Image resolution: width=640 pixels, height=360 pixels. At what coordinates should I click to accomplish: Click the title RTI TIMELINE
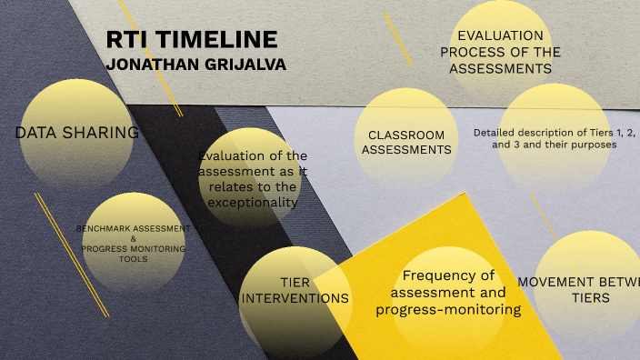(x=191, y=40)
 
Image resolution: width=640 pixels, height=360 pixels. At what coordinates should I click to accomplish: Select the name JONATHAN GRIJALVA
(x=195, y=65)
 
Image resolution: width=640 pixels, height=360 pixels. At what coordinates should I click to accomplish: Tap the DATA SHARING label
(x=77, y=133)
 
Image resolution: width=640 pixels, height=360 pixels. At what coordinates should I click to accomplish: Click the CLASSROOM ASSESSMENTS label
(x=406, y=142)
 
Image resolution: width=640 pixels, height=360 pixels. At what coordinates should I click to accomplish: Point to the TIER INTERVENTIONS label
(x=295, y=290)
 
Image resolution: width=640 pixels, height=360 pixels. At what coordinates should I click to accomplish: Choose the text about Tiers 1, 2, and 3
(x=554, y=138)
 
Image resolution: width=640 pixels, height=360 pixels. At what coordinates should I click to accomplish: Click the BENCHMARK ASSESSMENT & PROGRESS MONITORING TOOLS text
(x=133, y=243)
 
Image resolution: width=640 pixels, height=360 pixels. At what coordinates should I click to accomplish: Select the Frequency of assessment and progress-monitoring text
(x=448, y=292)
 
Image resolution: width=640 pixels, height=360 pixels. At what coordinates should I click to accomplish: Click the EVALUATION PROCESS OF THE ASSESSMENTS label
(x=501, y=52)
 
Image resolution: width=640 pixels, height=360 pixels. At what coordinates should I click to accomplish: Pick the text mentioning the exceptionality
(x=253, y=178)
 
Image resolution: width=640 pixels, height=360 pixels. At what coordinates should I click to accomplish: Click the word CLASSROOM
(x=406, y=135)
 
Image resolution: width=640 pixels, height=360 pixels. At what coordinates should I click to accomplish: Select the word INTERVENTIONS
(x=295, y=298)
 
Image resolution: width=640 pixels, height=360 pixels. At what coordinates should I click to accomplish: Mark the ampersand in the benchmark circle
(x=133, y=238)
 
